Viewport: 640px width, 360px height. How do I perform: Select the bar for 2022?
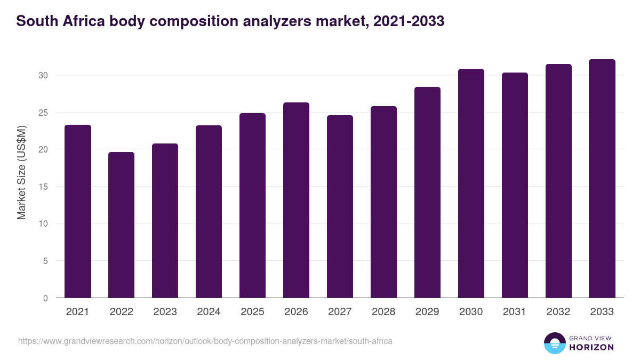click(x=121, y=225)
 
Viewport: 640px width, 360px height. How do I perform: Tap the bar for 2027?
click(x=340, y=206)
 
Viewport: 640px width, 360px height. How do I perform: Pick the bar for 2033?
click(x=602, y=178)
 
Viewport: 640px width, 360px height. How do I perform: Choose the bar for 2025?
click(x=252, y=205)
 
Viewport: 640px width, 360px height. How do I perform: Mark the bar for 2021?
click(x=78, y=211)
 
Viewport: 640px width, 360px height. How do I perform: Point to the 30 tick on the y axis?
click(x=43, y=75)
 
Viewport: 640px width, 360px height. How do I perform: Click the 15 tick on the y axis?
click(x=43, y=187)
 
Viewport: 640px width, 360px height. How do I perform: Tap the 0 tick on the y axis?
click(x=45, y=298)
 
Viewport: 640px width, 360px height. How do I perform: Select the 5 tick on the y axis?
click(x=45, y=261)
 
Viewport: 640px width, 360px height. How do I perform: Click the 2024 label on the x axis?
click(x=209, y=312)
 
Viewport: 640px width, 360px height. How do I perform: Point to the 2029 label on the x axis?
click(x=427, y=312)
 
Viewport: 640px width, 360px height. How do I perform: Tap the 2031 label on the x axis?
click(x=515, y=312)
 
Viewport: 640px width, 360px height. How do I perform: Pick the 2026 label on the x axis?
click(x=296, y=312)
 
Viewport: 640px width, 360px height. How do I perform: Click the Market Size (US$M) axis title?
click(x=22, y=173)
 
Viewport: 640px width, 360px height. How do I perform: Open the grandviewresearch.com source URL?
click(x=205, y=341)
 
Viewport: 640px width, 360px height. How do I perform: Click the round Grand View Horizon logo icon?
click(x=554, y=343)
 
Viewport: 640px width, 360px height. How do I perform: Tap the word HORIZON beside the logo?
click(x=591, y=347)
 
